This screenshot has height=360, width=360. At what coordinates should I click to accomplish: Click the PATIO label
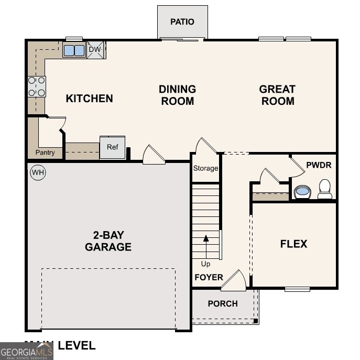[182, 22]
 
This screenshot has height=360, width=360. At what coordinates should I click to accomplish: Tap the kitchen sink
[74, 50]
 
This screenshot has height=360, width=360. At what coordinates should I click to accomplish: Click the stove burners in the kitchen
[37, 86]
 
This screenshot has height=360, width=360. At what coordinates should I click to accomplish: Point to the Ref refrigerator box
[113, 147]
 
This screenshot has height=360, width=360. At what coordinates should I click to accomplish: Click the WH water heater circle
[37, 172]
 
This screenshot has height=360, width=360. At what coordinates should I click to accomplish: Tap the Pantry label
[45, 153]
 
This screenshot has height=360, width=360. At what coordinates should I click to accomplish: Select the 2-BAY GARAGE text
[108, 241]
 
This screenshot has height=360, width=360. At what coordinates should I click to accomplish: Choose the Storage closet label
[205, 169]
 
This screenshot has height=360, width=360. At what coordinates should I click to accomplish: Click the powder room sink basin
[302, 191]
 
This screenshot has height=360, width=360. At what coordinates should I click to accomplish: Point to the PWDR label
[319, 165]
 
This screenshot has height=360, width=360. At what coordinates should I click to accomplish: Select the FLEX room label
[293, 244]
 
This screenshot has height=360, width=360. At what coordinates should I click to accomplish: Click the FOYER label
[209, 277]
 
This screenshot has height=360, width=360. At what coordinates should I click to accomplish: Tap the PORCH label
[223, 303]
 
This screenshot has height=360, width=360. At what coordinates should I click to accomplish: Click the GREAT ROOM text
[277, 95]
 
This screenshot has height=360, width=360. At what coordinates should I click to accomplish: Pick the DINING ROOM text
[177, 95]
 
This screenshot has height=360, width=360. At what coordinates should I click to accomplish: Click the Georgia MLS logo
[26, 351]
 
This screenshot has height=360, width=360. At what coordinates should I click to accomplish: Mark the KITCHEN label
[89, 98]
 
